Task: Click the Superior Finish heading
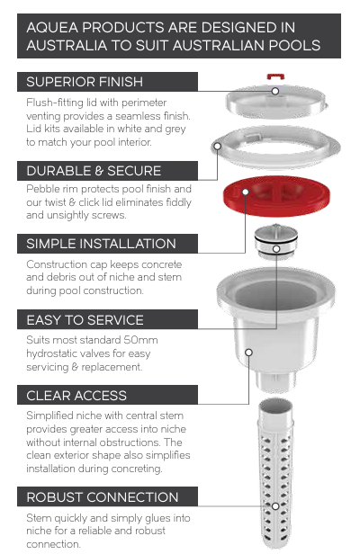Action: tap(85, 82)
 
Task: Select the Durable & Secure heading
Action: tap(94, 171)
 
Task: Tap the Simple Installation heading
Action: tap(101, 244)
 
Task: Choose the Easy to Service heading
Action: tap(85, 320)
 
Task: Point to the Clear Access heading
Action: tap(76, 396)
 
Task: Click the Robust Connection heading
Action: tap(103, 497)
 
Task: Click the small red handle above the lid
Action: tap(275, 76)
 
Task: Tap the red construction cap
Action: tap(276, 196)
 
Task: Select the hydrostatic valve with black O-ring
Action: tap(276, 241)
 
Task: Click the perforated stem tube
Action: tap(275, 473)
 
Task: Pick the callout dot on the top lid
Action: tap(275, 91)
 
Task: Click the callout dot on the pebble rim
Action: tap(218, 146)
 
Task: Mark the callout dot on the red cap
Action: tap(246, 192)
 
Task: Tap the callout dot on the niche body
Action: tap(249, 353)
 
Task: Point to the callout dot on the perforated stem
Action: tap(275, 506)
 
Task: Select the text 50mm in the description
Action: tap(140, 340)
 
